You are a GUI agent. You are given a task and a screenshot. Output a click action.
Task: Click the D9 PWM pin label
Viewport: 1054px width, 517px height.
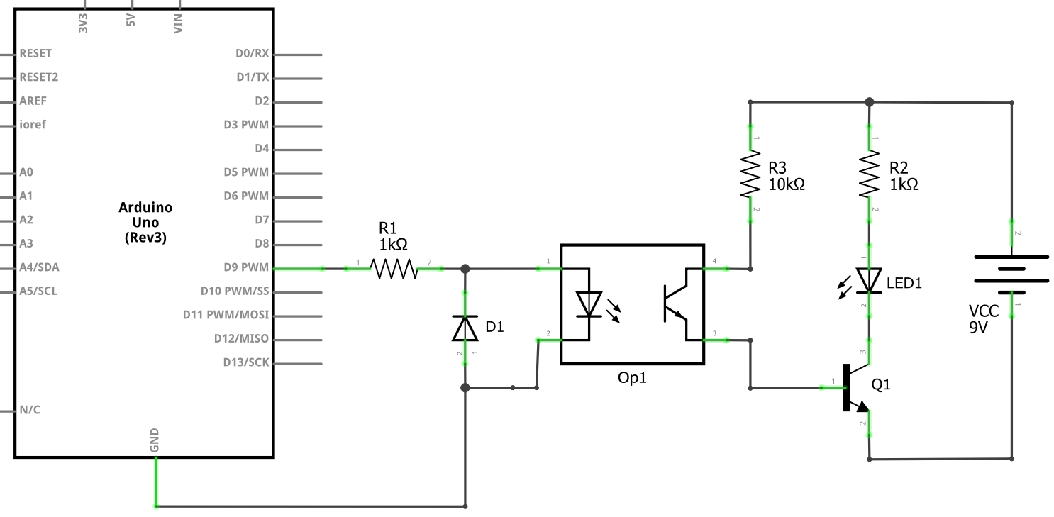click(x=245, y=268)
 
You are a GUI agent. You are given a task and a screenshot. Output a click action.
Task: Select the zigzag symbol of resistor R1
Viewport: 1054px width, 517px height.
click(x=394, y=269)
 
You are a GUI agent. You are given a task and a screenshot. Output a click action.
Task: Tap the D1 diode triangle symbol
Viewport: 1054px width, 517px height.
click(x=465, y=328)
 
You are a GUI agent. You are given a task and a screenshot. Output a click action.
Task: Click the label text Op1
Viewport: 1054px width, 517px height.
click(x=632, y=378)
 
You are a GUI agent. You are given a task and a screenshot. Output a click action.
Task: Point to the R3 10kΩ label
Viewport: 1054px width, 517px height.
click(x=787, y=177)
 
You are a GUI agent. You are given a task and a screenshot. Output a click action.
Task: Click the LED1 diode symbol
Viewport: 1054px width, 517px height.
click(x=869, y=280)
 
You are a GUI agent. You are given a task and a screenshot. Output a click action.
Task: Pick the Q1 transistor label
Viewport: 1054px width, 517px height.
click(x=880, y=385)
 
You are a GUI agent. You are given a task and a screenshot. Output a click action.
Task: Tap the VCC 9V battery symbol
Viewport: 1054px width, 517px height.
click(x=1011, y=274)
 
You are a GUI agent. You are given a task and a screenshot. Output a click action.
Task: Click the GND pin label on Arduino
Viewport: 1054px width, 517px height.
click(x=155, y=440)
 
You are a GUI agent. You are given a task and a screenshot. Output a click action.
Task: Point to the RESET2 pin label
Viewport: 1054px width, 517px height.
click(x=39, y=77)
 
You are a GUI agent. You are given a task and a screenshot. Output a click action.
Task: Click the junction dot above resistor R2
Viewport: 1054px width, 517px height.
click(x=870, y=102)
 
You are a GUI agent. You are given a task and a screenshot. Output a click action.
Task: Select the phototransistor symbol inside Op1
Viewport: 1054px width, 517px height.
click(x=675, y=304)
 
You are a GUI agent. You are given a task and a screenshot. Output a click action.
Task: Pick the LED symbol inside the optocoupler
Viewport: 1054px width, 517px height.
click(x=589, y=304)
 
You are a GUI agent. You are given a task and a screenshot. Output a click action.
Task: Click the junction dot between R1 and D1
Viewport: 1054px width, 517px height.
click(x=465, y=269)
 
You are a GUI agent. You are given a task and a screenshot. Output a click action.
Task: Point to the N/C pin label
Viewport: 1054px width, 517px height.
click(x=30, y=410)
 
